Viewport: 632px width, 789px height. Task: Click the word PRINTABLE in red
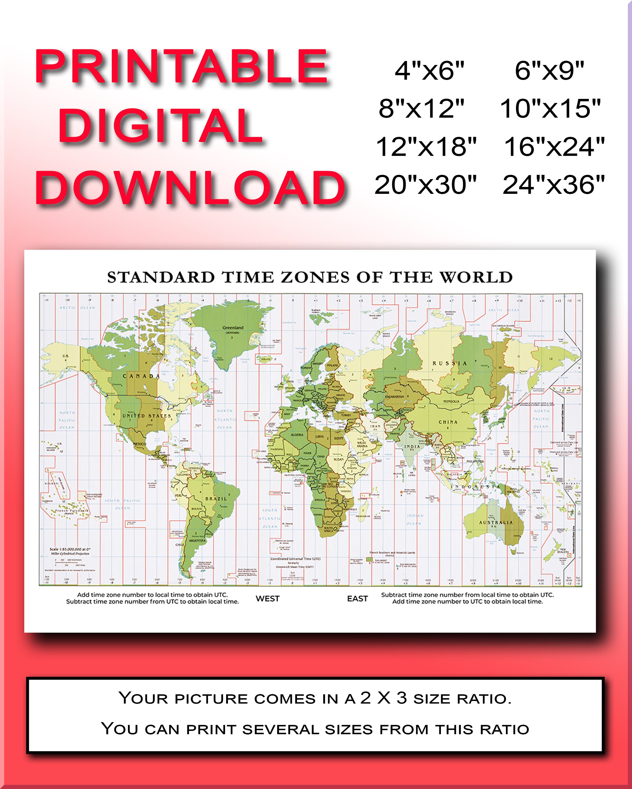point(181,67)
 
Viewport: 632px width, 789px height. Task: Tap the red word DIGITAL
point(160,126)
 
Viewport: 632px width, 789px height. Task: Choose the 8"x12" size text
point(421,108)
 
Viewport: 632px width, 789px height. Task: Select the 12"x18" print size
point(426,147)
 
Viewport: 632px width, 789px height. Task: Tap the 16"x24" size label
point(554,147)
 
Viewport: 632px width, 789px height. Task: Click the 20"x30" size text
point(425,185)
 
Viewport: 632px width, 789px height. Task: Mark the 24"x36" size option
point(554,185)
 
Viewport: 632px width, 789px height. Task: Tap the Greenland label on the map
point(233,327)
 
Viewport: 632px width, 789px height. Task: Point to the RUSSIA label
point(450,363)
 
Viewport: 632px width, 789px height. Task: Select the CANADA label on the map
point(141,376)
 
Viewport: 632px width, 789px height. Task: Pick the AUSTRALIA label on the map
point(496,522)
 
